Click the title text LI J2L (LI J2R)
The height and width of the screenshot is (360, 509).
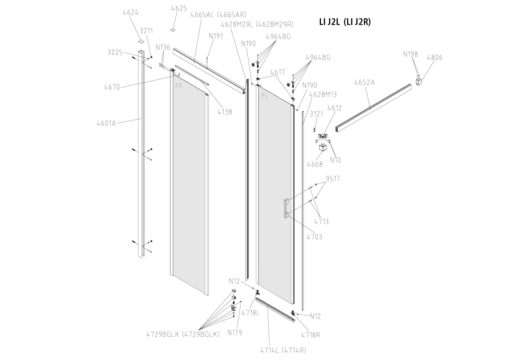[345, 22]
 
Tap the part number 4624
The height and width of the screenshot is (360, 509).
[130, 12]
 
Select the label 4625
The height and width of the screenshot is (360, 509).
[179, 8]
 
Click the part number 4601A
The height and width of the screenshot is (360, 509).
[106, 123]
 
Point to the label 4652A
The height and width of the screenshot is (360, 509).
[365, 82]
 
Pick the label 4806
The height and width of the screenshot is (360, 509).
[435, 58]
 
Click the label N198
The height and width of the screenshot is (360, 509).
[410, 54]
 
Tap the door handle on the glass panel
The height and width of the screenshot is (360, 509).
[286, 208]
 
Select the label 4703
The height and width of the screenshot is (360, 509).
[314, 237]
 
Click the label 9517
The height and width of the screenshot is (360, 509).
[333, 179]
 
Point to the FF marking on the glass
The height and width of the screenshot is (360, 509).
[179, 86]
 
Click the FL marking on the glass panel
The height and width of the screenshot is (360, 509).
[265, 96]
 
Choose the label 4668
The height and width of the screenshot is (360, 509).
[315, 164]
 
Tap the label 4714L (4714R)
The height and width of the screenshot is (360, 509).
[283, 350]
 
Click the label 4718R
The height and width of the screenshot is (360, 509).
[310, 335]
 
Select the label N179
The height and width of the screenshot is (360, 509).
[235, 333]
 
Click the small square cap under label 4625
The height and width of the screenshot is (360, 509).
[173, 29]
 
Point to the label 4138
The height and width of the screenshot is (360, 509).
[225, 112]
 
